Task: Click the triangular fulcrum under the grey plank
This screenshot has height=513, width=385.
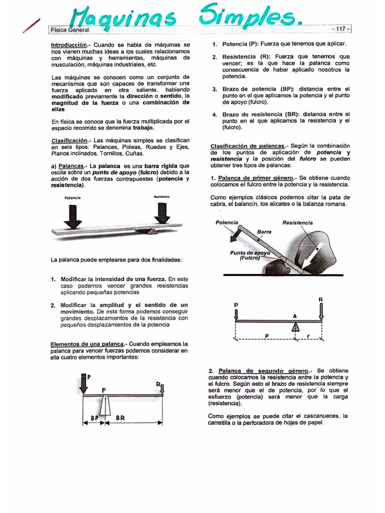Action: click(146, 230)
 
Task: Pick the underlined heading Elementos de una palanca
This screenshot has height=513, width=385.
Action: click(87, 344)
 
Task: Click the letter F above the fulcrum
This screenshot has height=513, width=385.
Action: click(104, 389)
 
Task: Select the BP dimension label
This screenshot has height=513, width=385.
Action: click(94, 417)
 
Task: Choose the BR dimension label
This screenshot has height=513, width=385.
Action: click(121, 417)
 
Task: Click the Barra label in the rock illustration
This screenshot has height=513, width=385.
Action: click(264, 232)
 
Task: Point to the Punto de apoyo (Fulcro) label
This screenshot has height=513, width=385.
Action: click(250, 255)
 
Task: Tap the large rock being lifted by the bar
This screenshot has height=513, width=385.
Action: click(316, 250)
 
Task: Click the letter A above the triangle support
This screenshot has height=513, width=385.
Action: click(295, 316)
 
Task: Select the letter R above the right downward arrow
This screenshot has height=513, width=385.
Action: click(321, 300)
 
